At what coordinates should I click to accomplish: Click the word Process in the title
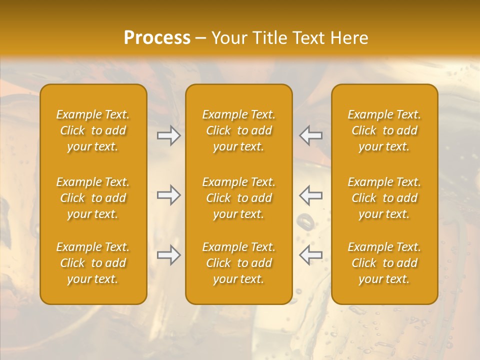pyautogui.click(x=157, y=38)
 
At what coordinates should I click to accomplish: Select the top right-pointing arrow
pyautogui.click(x=168, y=135)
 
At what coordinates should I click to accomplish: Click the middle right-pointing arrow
pyautogui.click(x=168, y=195)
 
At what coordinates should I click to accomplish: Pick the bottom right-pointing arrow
pyautogui.click(x=168, y=255)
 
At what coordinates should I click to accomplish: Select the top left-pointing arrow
pyautogui.click(x=311, y=135)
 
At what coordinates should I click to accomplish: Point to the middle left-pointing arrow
pyautogui.click(x=311, y=195)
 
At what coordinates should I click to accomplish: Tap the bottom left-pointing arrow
pyautogui.click(x=311, y=255)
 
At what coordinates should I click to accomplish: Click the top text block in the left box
pyautogui.click(x=93, y=130)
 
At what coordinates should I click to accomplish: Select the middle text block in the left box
pyautogui.click(x=93, y=198)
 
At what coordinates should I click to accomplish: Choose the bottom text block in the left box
pyautogui.click(x=93, y=263)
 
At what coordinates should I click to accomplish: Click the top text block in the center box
pyautogui.click(x=238, y=130)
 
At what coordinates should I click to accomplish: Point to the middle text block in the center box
pyautogui.click(x=238, y=198)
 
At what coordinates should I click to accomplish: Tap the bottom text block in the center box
pyautogui.click(x=238, y=263)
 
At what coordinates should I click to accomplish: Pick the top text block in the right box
pyautogui.click(x=384, y=130)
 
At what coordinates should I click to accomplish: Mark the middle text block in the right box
pyautogui.click(x=384, y=198)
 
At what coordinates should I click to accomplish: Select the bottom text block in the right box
pyautogui.click(x=384, y=263)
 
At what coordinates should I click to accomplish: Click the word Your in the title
pyautogui.click(x=228, y=38)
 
